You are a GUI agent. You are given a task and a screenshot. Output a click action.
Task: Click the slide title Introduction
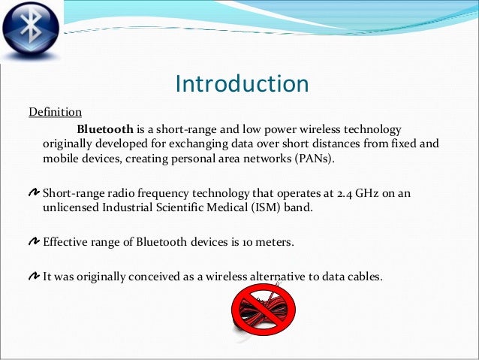241,83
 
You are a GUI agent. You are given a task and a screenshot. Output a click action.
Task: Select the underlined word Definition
55,113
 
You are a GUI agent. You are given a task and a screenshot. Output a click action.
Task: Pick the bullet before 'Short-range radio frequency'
35,193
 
